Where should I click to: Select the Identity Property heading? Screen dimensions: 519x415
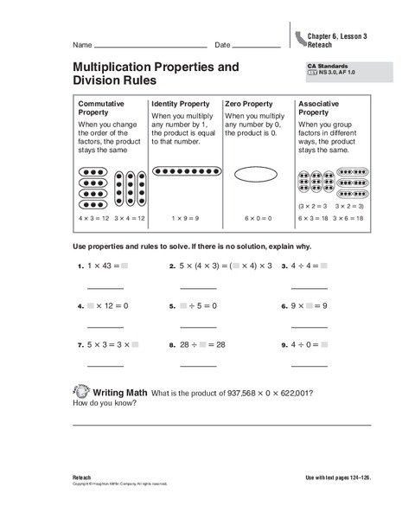[x=180, y=103]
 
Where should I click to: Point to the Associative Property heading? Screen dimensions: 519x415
[x=320, y=107]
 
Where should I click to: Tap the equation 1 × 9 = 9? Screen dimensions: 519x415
[x=185, y=219]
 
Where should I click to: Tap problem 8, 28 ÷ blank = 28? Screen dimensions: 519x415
[x=203, y=344]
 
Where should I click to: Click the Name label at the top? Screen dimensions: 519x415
[x=82, y=44]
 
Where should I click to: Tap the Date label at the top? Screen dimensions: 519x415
[x=222, y=44]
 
